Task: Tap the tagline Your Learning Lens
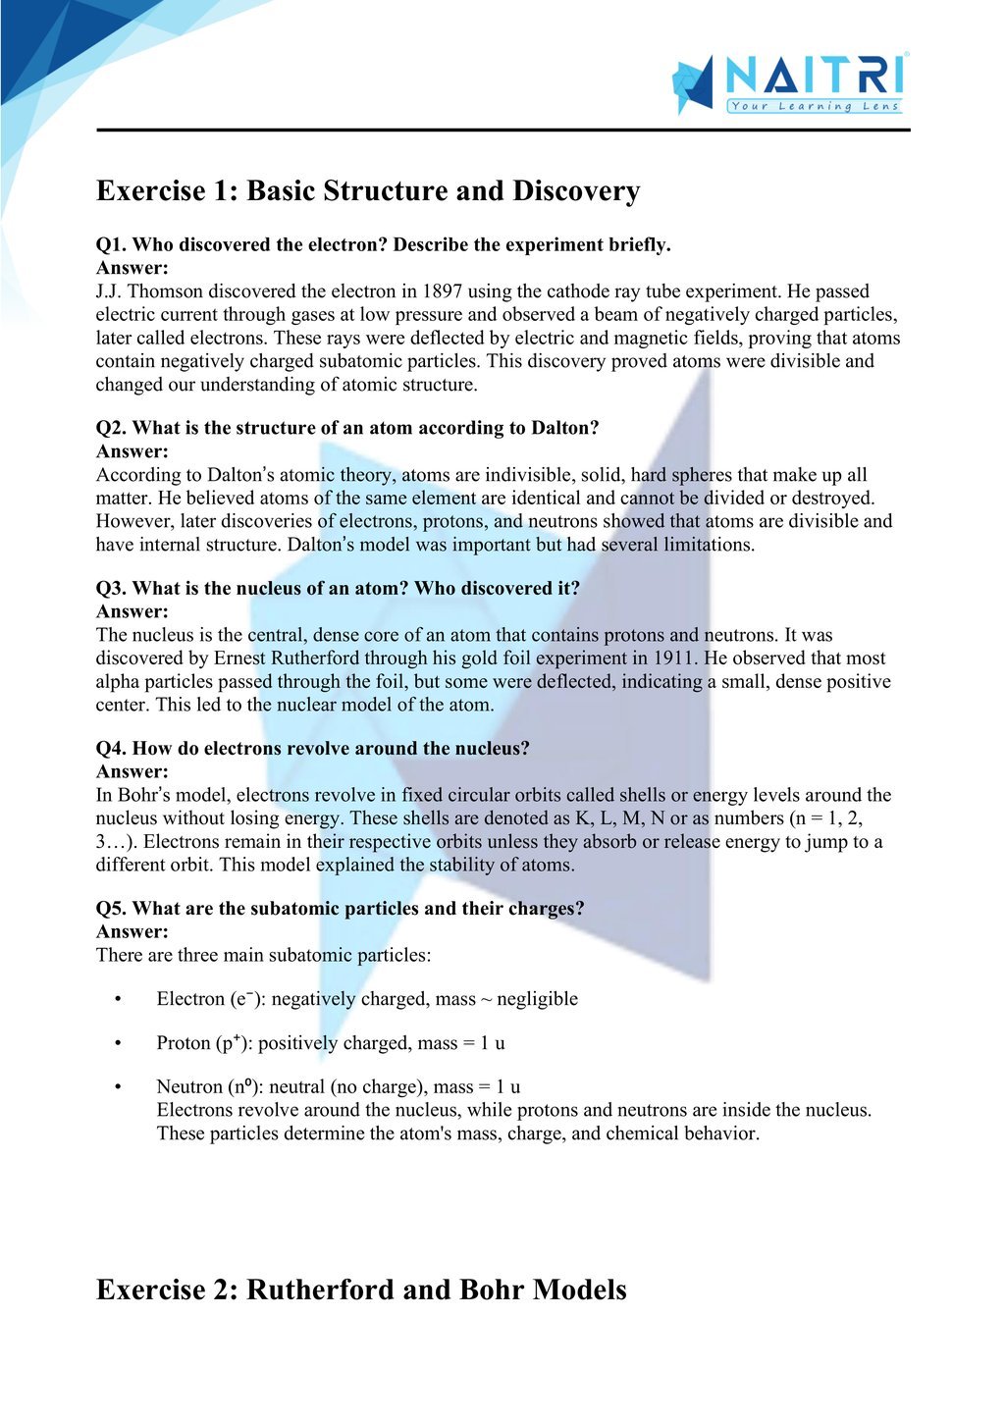(815, 106)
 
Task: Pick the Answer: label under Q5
(132, 932)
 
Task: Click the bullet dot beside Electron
(118, 1000)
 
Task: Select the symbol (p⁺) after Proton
(231, 1043)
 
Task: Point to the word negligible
(537, 999)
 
